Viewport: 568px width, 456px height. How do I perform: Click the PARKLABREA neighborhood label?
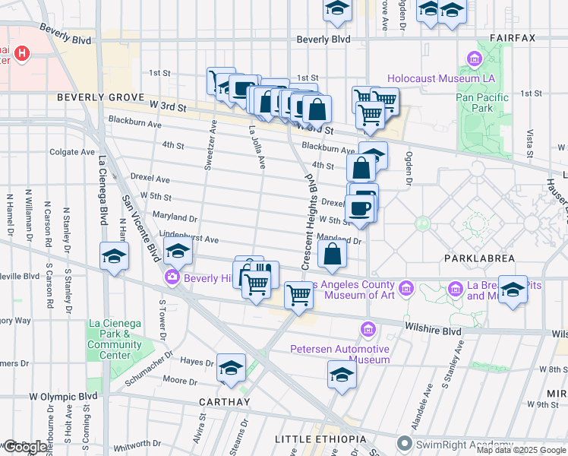472,258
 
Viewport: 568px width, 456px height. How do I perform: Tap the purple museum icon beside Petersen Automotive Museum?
369,329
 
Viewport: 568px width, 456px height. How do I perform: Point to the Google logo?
24,447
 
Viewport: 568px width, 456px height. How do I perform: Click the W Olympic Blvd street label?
63,396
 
